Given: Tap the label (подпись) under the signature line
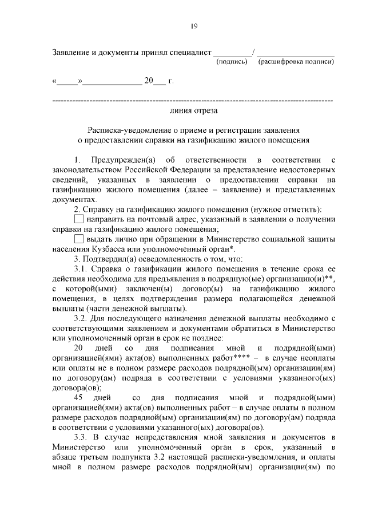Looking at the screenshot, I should [230, 61].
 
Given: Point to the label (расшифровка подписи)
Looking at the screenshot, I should [296, 61].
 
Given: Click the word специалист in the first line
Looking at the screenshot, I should [188, 52].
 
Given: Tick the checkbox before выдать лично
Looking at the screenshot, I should [79, 239].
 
